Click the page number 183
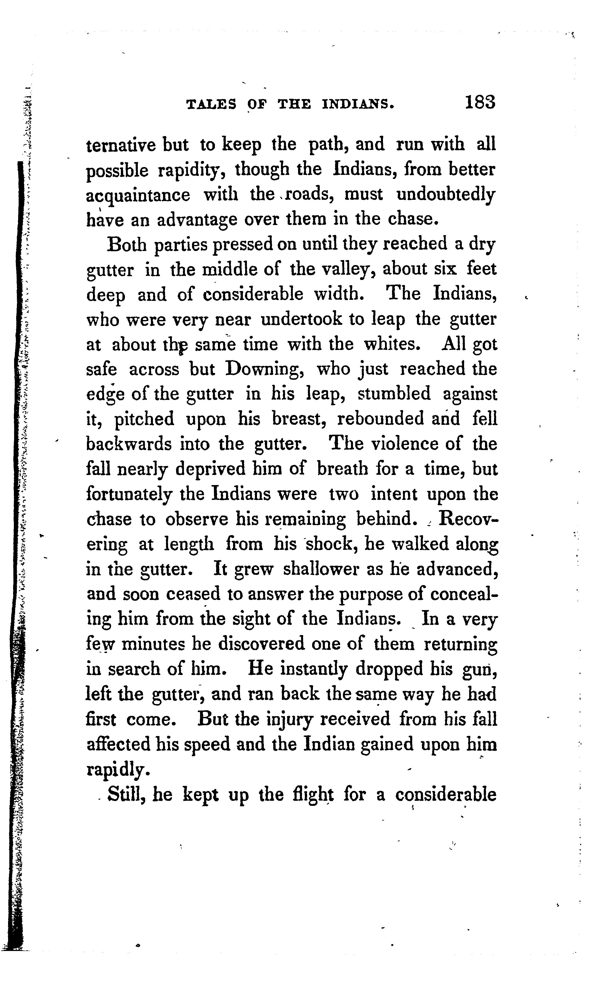coord(480,102)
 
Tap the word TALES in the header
coord(211,105)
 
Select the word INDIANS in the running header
coord(358,105)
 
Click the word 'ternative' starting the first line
coord(121,145)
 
